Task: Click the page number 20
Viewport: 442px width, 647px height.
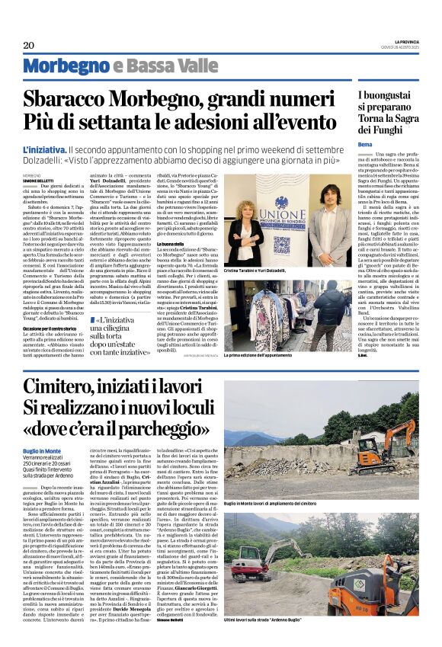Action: (29, 45)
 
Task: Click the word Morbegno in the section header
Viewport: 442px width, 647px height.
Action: (66, 66)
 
